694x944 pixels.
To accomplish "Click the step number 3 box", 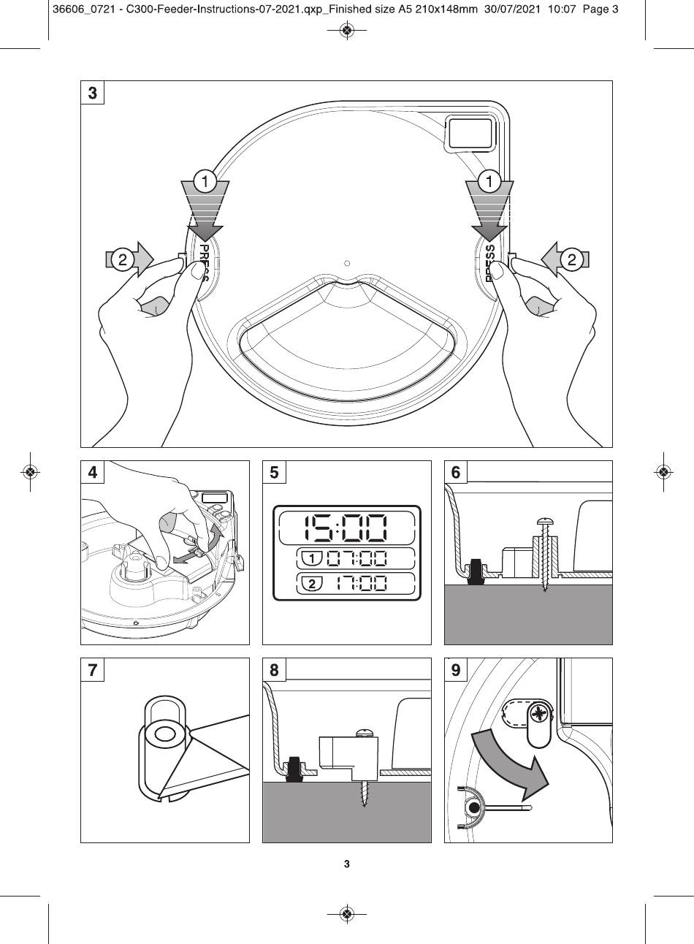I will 92,93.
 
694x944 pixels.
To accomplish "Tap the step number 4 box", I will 92,472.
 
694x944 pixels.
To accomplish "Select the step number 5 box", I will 274,472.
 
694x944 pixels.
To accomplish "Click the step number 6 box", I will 456,472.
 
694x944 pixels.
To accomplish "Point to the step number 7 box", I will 92,669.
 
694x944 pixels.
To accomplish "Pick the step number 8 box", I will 274,669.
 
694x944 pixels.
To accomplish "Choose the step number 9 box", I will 456,669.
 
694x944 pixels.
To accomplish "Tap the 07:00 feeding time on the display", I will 357,559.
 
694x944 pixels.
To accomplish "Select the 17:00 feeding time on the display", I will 357,584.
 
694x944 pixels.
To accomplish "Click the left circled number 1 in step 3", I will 205,180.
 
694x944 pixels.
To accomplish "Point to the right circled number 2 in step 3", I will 571,259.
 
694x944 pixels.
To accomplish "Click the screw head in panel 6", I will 545,522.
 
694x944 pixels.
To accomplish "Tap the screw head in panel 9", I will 539,712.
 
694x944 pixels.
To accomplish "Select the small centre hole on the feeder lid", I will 347,263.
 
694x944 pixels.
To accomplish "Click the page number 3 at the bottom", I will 347,864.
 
